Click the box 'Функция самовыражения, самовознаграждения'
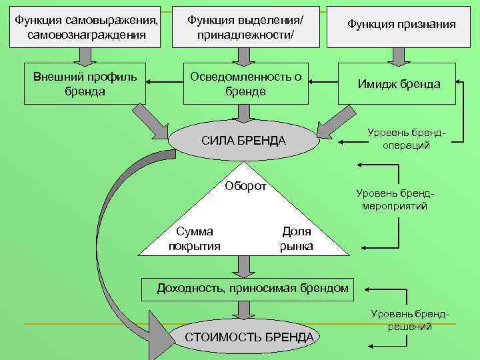86,27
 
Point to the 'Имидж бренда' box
399,84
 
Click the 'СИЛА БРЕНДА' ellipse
243,141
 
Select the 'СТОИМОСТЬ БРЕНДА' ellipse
248,337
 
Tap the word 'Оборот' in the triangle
245,186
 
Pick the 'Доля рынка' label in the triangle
297,239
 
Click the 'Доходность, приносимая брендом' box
252,289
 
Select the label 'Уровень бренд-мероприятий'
395,199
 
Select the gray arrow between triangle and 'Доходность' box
245,266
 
